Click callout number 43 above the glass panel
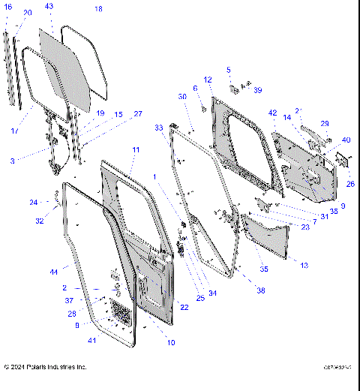click(49, 6)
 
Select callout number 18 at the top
click(98, 9)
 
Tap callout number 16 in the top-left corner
click(8, 6)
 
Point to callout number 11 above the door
click(136, 150)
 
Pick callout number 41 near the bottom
click(92, 341)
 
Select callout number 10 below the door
click(171, 343)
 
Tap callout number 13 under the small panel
click(304, 265)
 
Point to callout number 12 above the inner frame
click(208, 80)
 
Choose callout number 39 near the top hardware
click(257, 90)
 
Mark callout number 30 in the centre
click(182, 97)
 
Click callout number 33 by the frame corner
click(158, 128)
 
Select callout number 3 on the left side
click(12, 161)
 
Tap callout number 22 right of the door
click(184, 307)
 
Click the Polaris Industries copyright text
click(45, 367)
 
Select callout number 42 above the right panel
click(273, 113)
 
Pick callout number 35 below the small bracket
click(263, 268)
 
